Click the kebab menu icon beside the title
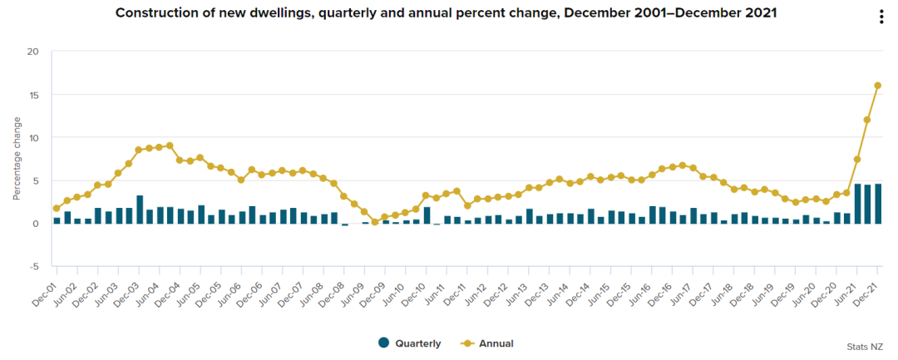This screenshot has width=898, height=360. pos(881,17)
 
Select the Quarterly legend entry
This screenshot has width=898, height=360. pos(409,343)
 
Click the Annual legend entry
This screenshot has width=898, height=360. pos(487,343)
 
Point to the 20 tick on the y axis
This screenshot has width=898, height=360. pos(32,52)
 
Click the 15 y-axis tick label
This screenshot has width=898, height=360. pos(33,95)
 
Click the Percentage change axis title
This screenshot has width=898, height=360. pos(17,159)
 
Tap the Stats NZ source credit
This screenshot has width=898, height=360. pos(865,347)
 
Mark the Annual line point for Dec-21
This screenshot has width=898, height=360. pos(877,86)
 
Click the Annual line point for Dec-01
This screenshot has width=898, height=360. pos(57,209)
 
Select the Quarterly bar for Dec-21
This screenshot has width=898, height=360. pos(877,204)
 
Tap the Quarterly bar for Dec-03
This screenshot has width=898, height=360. pos(139,210)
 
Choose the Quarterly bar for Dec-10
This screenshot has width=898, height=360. pos(426,215)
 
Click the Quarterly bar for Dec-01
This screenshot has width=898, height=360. pos(57,221)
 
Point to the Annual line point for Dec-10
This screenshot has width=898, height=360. pos(426,195)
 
